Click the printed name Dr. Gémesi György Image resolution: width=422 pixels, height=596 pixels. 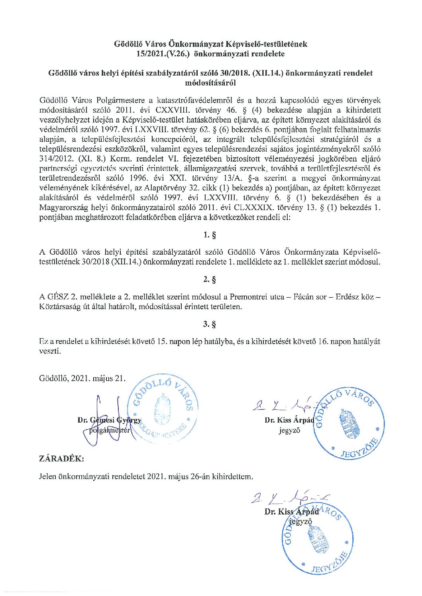coord(110,421)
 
